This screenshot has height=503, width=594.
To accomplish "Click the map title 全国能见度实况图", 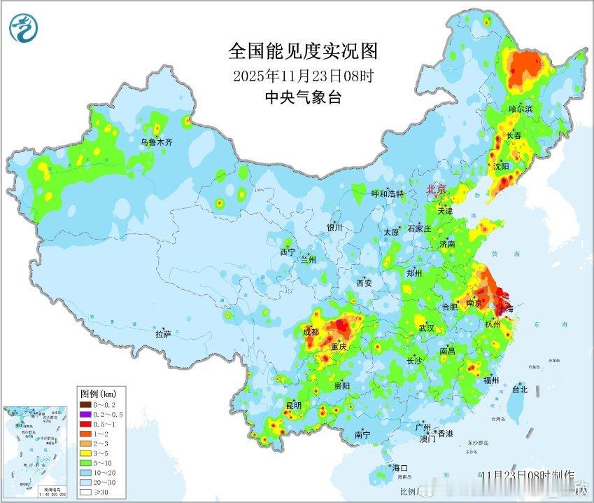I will (x=303, y=51).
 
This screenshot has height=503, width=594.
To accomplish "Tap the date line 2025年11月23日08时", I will (x=303, y=76).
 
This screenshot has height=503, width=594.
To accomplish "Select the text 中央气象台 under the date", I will (x=303, y=97).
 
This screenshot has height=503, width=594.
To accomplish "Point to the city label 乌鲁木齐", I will (x=155, y=142).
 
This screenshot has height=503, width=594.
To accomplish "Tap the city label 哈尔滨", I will (x=521, y=109).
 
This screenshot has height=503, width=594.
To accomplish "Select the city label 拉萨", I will (x=163, y=334).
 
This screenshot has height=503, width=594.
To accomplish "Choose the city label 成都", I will (x=311, y=332).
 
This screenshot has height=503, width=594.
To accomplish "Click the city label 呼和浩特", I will (x=387, y=193).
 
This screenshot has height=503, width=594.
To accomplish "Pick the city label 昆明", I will (x=293, y=405).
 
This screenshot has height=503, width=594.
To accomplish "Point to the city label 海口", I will (x=399, y=467).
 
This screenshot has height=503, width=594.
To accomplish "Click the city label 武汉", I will (x=426, y=328).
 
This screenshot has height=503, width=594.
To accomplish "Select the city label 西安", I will (x=365, y=283).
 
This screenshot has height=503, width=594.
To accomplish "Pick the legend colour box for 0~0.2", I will (x=84, y=404).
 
